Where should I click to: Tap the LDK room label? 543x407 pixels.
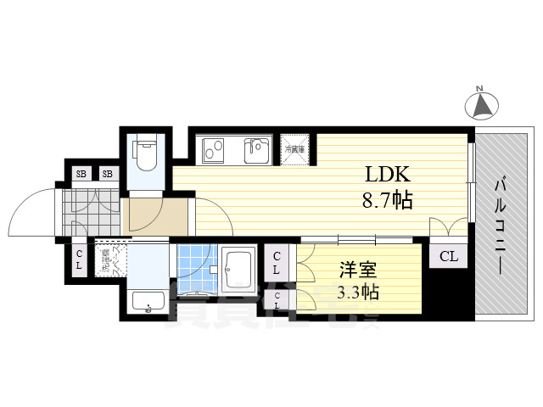(388, 176)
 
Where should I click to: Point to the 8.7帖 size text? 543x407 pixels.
(389, 202)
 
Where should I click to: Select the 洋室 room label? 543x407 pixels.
(355, 269)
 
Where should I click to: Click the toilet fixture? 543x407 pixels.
(148, 153)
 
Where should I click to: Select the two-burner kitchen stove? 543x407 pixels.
(212, 150)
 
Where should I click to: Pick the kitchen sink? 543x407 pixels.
(257, 151)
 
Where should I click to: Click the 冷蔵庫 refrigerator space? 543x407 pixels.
(294, 149)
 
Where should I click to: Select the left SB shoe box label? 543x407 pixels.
(81, 174)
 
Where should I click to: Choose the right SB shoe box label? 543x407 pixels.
(108, 174)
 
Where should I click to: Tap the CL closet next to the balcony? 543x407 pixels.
(448, 254)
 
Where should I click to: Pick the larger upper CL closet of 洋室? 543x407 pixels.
(278, 262)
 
